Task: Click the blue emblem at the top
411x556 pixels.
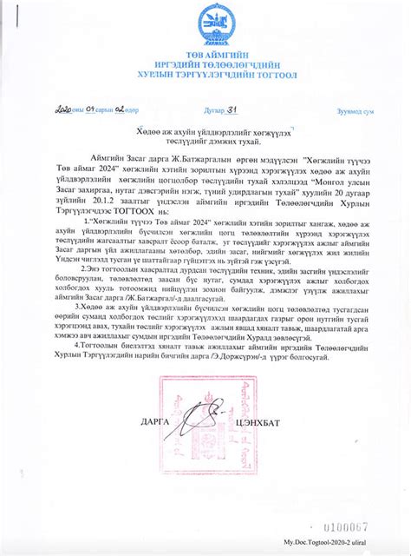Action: pos(205,23)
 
